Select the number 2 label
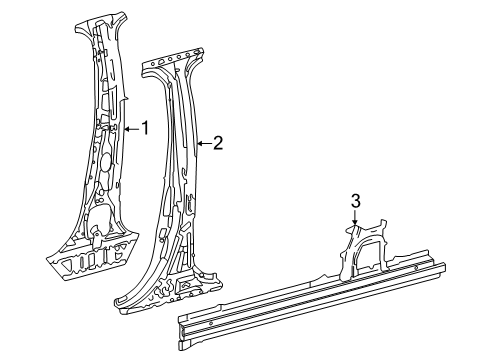coord(217,143)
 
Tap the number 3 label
coord(354,202)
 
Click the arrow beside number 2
coord(203,144)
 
